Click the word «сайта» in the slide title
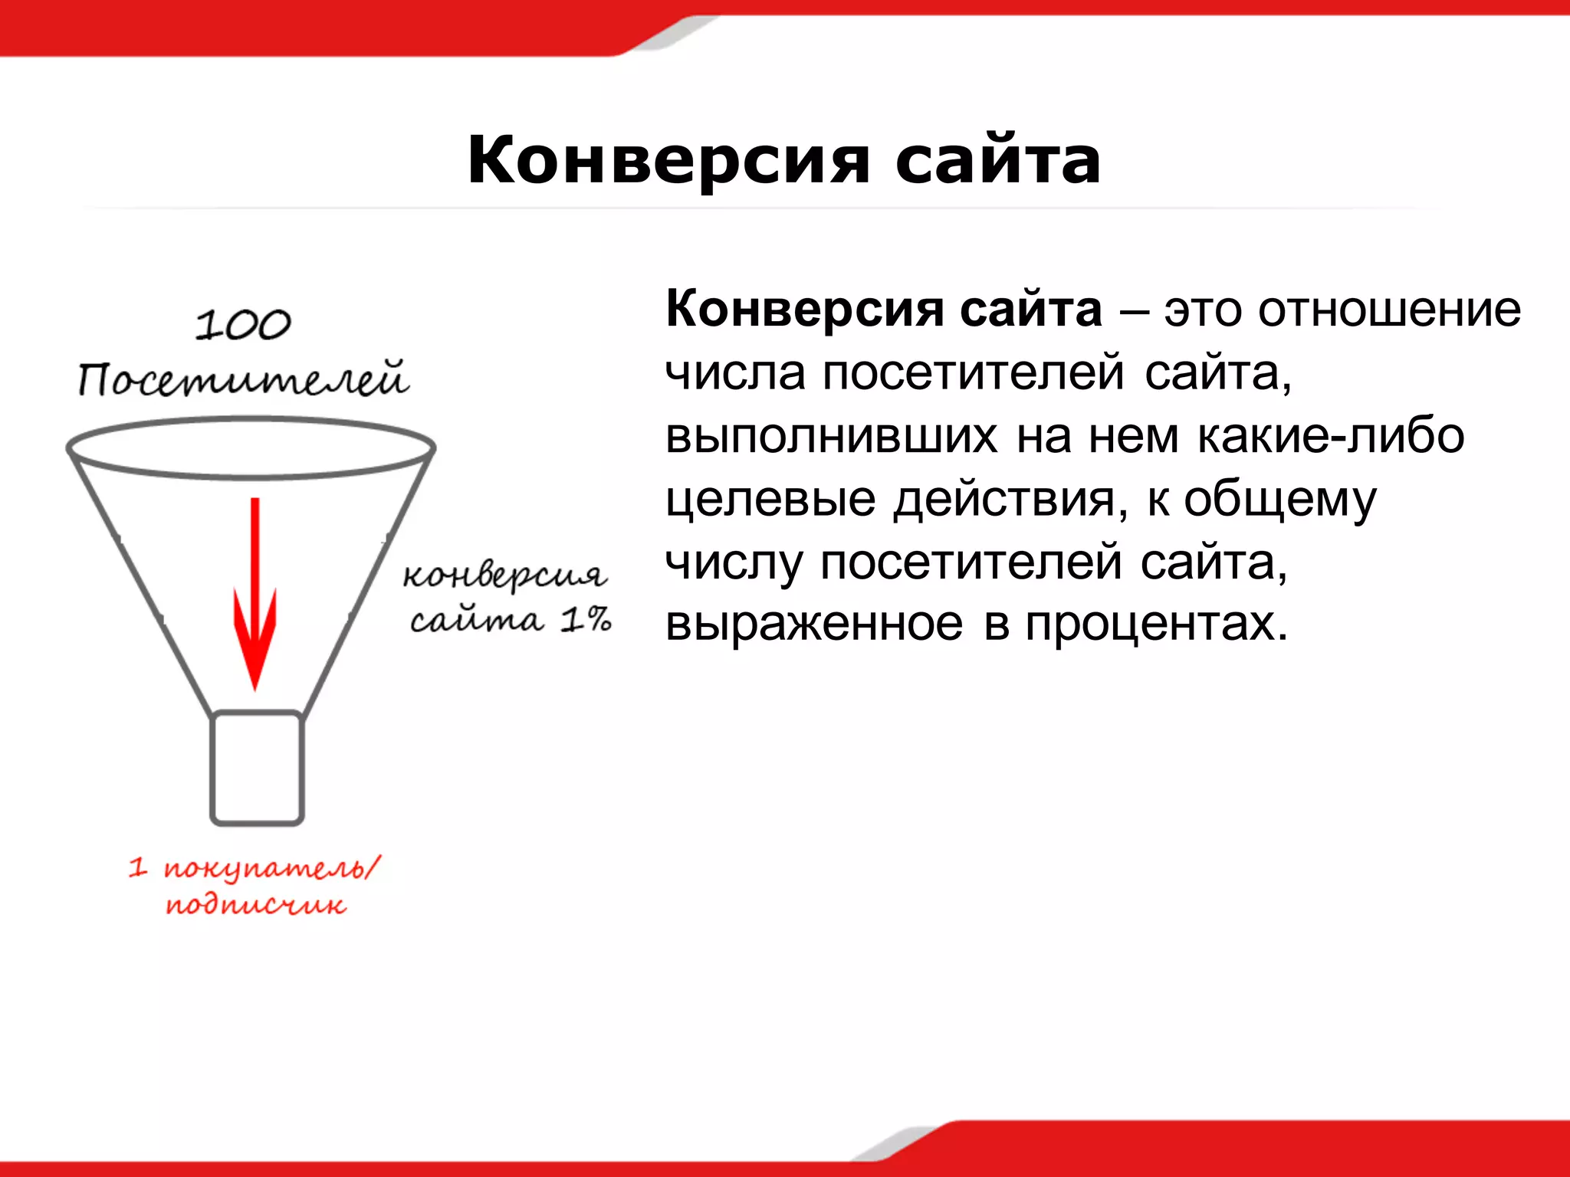coord(998,161)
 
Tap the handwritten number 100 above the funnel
coord(243,325)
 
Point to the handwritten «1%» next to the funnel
coord(586,619)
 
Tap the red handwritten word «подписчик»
coord(256,906)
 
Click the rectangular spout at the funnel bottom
coord(258,769)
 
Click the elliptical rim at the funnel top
coord(251,448)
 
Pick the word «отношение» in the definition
coord(1389,310)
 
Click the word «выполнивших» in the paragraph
coord(832,437)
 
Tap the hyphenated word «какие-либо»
coord(1331,437)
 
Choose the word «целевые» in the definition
coord(770,500)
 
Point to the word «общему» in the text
coord(1280,500)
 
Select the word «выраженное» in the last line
coord(814,625)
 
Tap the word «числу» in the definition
coord(734,562)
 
